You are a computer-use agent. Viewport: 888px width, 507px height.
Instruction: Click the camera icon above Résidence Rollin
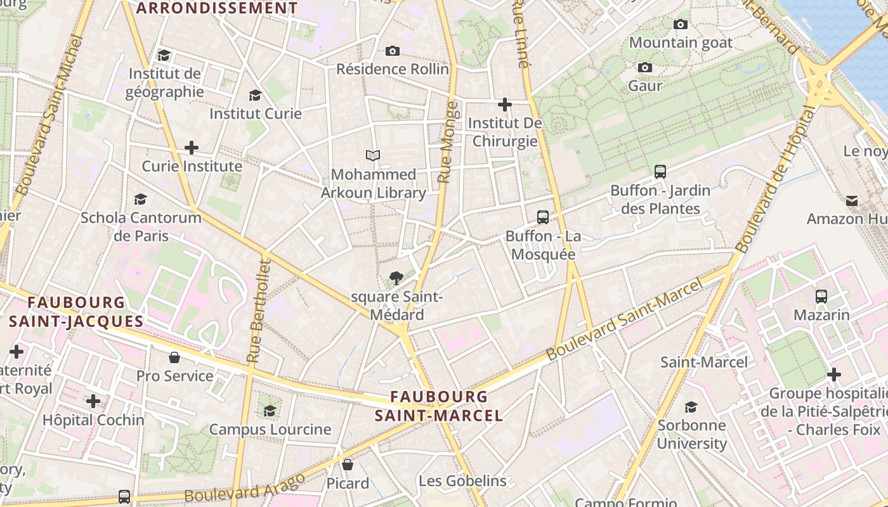click(x=393, y=51)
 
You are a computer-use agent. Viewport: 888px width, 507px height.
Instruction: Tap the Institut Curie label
click(x=256, y=113)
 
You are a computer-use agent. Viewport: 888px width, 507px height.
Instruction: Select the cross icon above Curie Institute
click(x=191, y=148)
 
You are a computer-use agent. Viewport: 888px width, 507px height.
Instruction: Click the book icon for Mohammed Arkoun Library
click(x=373, y=155)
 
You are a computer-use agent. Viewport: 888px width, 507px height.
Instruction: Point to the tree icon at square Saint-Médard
click(x=396, y=278)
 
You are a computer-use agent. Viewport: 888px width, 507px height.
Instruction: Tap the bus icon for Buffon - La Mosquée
click(x=543, y=217)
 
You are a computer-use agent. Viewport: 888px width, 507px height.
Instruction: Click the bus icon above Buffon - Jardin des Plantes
click(x=660, y=171)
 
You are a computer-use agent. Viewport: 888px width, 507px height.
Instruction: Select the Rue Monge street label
click(x=448, y=143)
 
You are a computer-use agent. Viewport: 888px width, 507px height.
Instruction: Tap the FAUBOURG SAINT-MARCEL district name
click(x=438, y=406)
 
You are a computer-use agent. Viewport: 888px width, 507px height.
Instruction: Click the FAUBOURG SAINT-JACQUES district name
click(x=76, y=311)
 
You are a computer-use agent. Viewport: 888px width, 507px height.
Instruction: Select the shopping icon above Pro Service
click(x=174, y=357)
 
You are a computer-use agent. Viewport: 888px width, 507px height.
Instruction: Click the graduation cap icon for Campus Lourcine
click(x=270, y=410)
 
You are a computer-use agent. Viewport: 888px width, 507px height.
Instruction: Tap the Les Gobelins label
click(x=462, y=480)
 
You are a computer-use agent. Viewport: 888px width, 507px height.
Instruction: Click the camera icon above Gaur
click(x=645, y=67)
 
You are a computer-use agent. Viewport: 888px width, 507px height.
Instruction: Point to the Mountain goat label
click(x=681, y=43)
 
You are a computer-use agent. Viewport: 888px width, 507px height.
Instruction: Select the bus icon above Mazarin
click(x=821, y=296)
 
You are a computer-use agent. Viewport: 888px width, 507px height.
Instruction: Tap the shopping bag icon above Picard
click(x=347, y=465)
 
